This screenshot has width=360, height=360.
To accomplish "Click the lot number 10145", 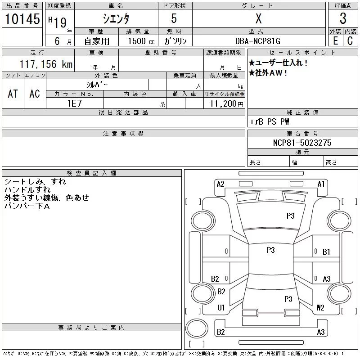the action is point(22,19).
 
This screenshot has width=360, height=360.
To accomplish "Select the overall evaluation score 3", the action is point(343,18).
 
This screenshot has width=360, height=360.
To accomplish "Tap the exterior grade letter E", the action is point(335,41).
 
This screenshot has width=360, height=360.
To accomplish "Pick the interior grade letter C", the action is point(350,41).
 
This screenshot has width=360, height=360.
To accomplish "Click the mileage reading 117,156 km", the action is point(46,64).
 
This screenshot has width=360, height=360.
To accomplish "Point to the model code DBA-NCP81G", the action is point(257,41).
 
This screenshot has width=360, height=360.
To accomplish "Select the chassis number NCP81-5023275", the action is point(302,143).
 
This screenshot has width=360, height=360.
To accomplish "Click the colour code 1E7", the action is point(74,103).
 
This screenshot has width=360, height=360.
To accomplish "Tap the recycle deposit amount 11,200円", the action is point(226,104).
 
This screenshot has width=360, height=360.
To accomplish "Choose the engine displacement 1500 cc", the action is point(141,41).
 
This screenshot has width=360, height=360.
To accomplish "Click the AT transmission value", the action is point(13,94).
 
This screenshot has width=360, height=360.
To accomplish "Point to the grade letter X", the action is point(258,18).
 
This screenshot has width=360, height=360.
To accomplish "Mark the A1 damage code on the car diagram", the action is point(321,184).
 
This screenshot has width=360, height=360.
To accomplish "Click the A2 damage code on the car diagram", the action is point(220,184).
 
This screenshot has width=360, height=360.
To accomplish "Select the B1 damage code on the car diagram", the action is point(326,252).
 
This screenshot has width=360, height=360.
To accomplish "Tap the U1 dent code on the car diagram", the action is point(221,307).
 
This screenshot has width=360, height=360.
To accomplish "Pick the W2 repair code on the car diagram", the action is point(320,307).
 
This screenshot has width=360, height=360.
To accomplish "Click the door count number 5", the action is point(174,18).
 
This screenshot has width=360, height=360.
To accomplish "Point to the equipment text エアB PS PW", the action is point(269,121).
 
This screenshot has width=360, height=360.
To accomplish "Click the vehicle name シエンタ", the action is point(116,19).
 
